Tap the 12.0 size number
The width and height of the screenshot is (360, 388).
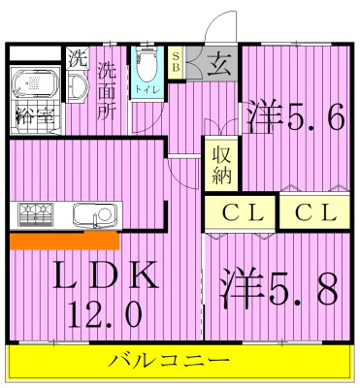point(106,313)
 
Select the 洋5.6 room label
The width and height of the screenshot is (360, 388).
point(294,117)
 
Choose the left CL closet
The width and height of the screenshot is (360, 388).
point(240,212)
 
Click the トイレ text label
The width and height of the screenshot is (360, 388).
point(147,90)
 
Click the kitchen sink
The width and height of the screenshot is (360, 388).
point(94,212)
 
